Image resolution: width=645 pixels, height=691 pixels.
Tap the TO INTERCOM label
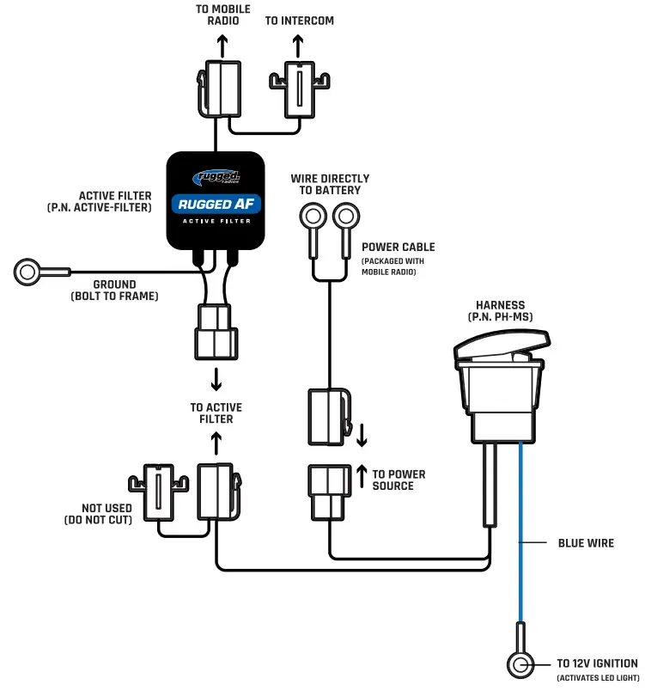click(x=300, y=21)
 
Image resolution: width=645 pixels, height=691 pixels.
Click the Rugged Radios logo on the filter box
click(x=216, y=178)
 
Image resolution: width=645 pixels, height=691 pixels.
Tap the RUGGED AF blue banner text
click(x=216, y=204)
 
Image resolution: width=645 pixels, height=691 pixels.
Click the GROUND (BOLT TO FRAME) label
click(x=114, y=290)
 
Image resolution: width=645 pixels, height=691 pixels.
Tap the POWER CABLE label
click(x=398, y=247)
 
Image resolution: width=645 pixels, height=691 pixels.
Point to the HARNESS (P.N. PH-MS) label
click(x=501, y=311)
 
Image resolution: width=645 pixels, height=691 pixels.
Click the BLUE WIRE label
click(x=586, y=543)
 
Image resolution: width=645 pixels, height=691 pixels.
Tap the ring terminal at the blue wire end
click(x=519, y=663)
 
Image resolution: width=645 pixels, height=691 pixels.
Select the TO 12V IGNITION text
click(x=596, y=663)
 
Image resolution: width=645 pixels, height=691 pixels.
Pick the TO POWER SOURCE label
click(x=399, y=480)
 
